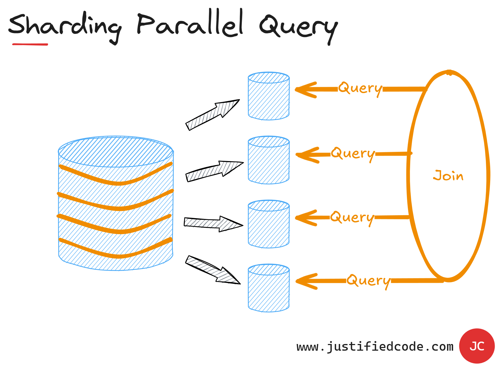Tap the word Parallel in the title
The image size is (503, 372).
189,24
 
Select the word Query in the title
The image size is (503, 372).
298,27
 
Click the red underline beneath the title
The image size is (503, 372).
30,44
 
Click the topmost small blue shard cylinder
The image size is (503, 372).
269,96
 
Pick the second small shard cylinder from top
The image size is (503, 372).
269,160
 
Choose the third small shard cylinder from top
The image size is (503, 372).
269,224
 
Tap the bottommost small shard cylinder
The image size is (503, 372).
269,288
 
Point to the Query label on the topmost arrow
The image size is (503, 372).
360,88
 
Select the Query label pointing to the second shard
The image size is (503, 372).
353,154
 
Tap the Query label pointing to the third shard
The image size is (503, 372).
352,218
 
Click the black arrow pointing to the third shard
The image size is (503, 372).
213,223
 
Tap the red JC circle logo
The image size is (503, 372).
477,346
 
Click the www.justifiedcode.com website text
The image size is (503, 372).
375,347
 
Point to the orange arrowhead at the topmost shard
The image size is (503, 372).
306,90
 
